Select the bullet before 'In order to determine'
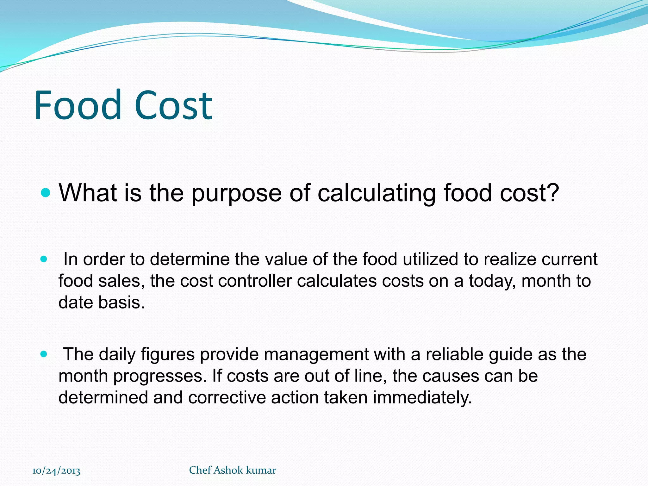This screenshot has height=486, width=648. pos(44,259)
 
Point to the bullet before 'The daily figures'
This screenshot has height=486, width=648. pos(44,354)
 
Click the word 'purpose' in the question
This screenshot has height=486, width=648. pos(237,194)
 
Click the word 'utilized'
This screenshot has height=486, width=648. pos(431,259)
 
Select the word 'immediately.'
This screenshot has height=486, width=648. pos(422,398)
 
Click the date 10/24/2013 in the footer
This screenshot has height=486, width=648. pos(56,471)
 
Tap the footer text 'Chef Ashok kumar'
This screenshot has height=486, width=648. pos(233,470)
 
